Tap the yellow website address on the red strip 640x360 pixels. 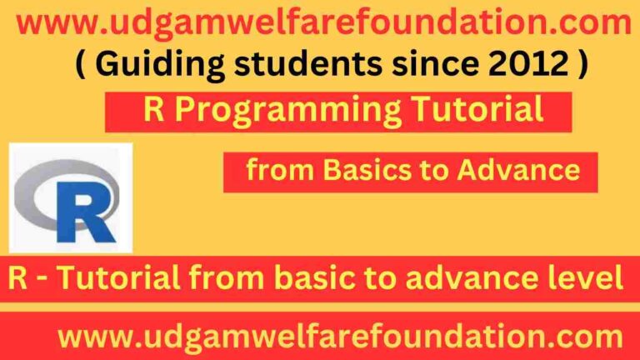pos(339,337)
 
